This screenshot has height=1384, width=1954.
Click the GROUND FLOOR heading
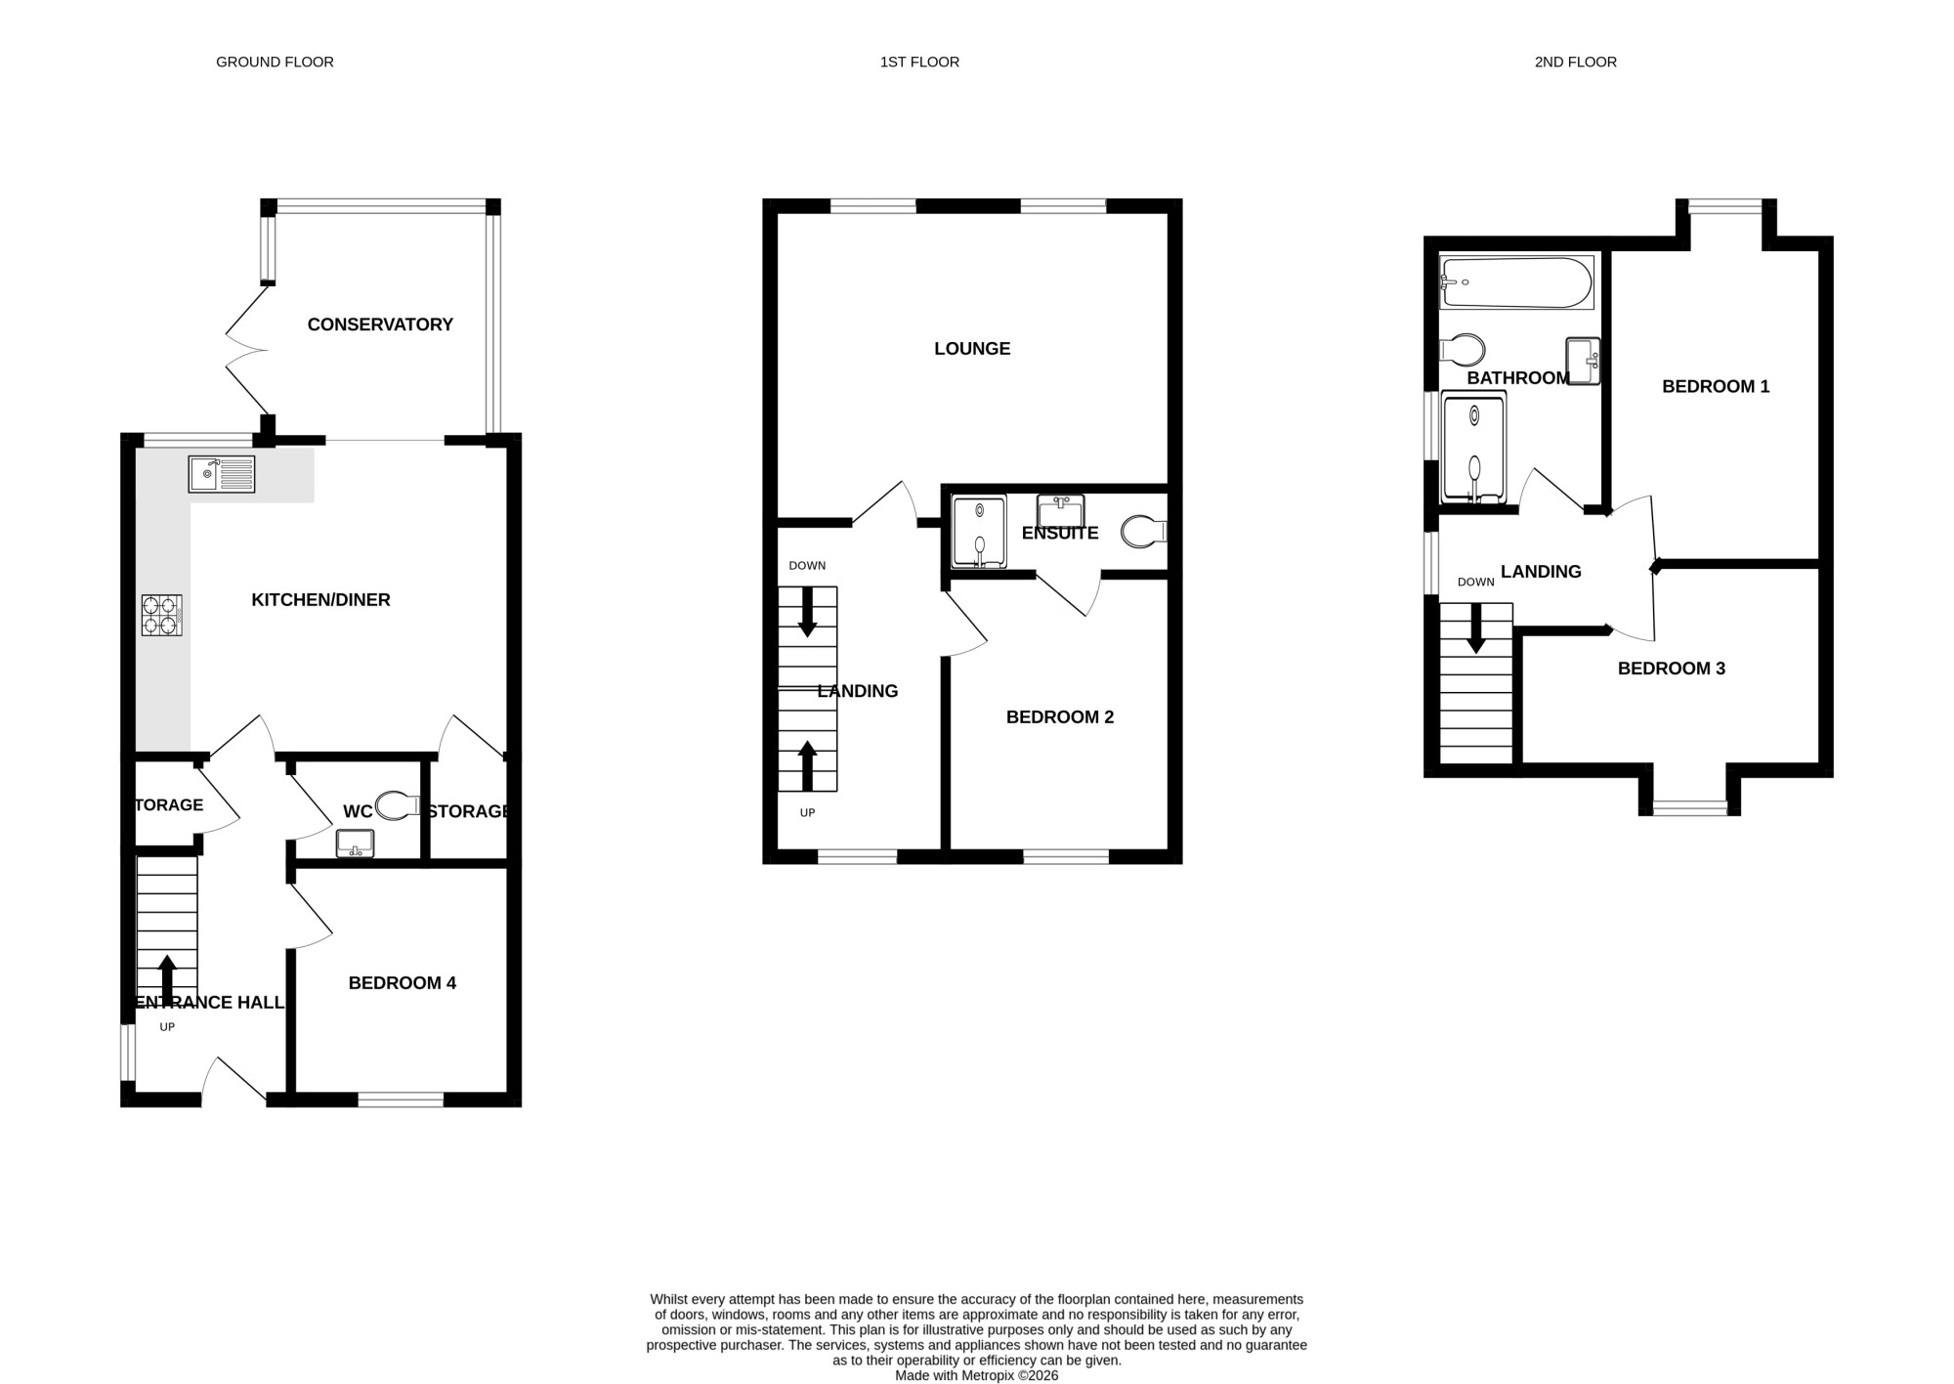click(x=275, y=62)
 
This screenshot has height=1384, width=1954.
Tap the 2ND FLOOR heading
click(x=1575, y=62)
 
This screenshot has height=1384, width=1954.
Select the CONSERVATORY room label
click(x=380, y=324)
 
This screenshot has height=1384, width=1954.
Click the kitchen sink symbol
click(x=222, y=474)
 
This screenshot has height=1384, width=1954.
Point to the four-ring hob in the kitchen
click(x=161, y=616)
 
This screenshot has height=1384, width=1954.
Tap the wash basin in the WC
click(x=355, y=843)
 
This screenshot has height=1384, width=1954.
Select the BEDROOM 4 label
click(x=403, y=983)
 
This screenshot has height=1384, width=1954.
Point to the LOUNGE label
click(x=972, y=349)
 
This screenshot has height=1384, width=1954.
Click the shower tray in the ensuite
click(x=979, y=532)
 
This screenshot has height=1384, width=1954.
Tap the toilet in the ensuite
click(x=1143, y=532)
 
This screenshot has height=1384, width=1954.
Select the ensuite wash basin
click(x=1061, y=511)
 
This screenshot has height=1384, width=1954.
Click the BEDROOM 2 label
click(x=1060, y=717)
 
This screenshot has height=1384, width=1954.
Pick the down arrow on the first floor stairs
click(x=807, y=612)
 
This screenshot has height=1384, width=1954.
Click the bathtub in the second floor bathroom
click(x=1517, y=282)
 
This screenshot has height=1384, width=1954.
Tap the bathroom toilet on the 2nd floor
click(x=1463, y=349)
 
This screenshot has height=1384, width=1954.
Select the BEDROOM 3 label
click(x=1672, y=669)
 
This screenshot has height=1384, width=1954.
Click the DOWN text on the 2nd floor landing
click(x=1476, y=583)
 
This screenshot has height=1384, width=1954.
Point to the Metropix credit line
click(x=977, y=1375)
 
